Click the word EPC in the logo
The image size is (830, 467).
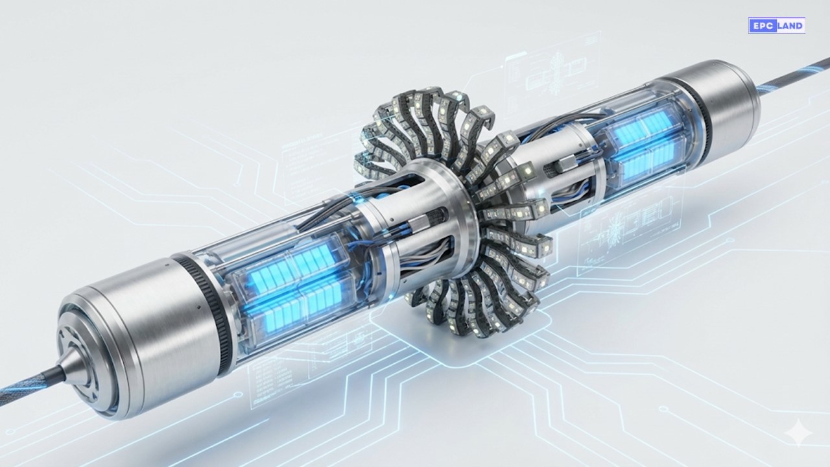point(759,25)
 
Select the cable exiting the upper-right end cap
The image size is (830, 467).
point(794,76)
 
